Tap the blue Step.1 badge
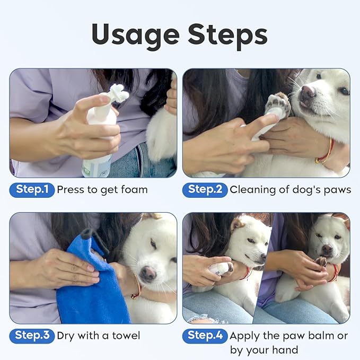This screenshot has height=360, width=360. (x=32, y=190)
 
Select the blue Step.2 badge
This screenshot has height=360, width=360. (x=205, y=190)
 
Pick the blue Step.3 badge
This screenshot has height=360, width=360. (x=32, y=335)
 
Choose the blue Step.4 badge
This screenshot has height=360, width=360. (x=205, y=335)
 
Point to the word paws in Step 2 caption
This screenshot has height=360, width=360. (x=335, y=190)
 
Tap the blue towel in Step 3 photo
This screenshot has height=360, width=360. (x=90, y=292)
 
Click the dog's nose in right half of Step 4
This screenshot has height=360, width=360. (x=328, y=248)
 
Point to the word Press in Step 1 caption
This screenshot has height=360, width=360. (x=69, y=190)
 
